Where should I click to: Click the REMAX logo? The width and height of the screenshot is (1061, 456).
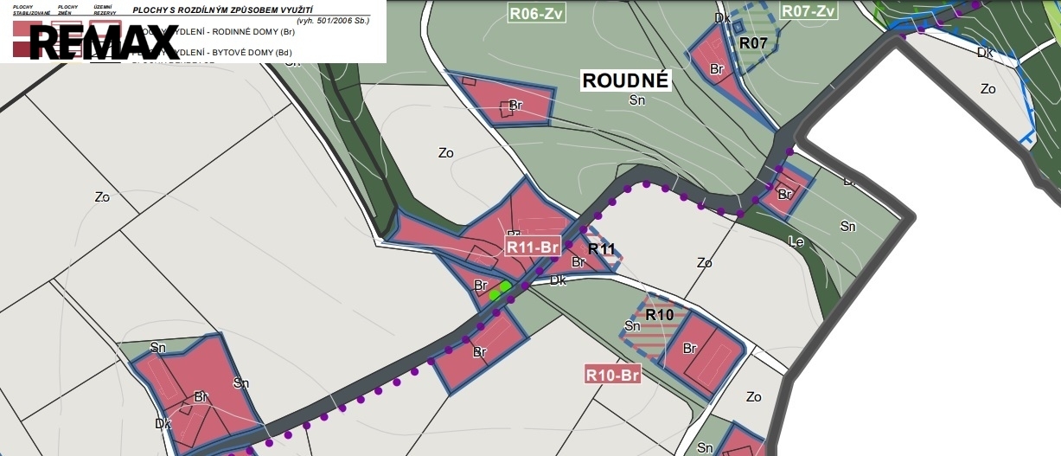[104, 42]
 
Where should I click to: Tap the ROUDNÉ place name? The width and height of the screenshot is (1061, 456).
[626, 81]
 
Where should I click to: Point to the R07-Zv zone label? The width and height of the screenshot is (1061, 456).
[809, 11]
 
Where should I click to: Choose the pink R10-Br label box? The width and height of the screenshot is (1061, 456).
[612, 375]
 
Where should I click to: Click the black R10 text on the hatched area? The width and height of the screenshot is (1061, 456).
[659, 315]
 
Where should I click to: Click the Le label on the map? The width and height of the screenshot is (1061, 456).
[796, 242]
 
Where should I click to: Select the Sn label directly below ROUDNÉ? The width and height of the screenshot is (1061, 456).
[637, 100]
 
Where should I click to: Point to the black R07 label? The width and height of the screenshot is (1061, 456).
[754, 42]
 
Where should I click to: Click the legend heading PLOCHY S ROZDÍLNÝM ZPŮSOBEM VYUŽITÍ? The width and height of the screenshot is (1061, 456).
[222, 9]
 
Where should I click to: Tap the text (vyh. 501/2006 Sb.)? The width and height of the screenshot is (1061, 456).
[332, 19]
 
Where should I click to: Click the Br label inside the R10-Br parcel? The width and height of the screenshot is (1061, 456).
[689, 349]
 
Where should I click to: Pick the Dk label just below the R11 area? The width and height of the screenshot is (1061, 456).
[558, 280]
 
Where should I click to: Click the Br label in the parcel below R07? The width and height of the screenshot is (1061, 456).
[716, 69]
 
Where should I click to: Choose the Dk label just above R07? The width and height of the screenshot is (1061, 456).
[722, 17]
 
